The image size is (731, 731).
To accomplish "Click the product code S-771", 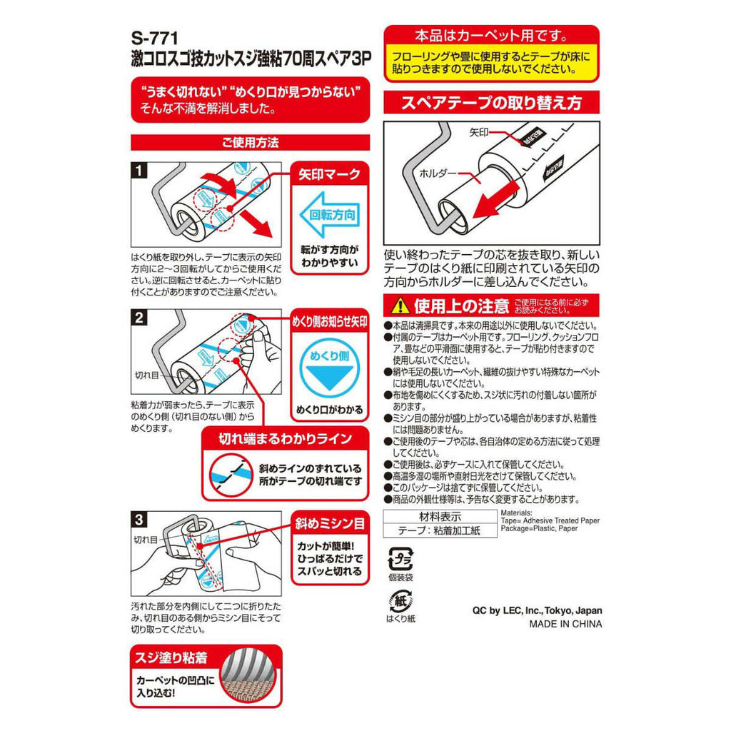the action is (x=154, y=38).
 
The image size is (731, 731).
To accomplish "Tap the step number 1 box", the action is (x=139, y=170).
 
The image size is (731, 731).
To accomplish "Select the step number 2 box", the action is (x=139, y=318).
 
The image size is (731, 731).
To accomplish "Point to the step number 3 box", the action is (x=139, y=519).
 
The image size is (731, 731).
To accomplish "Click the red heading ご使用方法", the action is (x=251, y=143).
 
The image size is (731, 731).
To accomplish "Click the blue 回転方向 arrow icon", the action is (x=329, y=215).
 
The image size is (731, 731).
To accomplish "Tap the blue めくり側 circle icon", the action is (x=330, y=368).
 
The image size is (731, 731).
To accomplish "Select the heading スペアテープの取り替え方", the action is (x=491, y=103).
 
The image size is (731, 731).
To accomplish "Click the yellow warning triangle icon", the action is (x=400, y=306).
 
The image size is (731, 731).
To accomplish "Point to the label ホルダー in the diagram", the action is (x=438, y=173).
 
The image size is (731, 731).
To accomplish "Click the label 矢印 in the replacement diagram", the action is (x=479, y=133).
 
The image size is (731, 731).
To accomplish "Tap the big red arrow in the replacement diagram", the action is (x=496, y=201).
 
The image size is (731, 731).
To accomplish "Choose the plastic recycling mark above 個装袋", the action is (x=400, y=560).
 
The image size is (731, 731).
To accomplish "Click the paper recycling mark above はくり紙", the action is (x=400, y=601).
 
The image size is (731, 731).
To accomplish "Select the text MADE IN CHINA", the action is (x=565, y=624).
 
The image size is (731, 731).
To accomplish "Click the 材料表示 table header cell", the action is (x=440, y=517).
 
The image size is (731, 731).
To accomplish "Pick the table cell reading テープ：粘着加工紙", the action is (x=440, y=530).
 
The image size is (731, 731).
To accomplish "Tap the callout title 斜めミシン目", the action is (x=330, y=523).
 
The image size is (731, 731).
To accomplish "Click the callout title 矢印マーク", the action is (x=330, y=174).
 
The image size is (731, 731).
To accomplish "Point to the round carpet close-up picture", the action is (x=250, y=675).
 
